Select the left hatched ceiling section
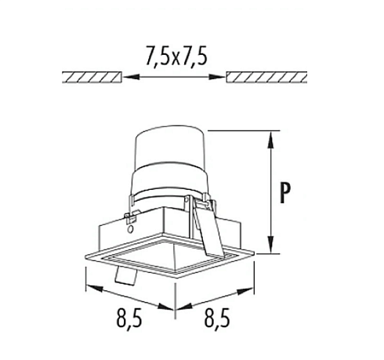(x=92, y=77)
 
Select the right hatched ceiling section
(x=267, y=77)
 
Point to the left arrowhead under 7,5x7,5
(x=129, y=77)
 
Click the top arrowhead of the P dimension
(x=272, y=138)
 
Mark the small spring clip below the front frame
(x=124, y=276)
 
